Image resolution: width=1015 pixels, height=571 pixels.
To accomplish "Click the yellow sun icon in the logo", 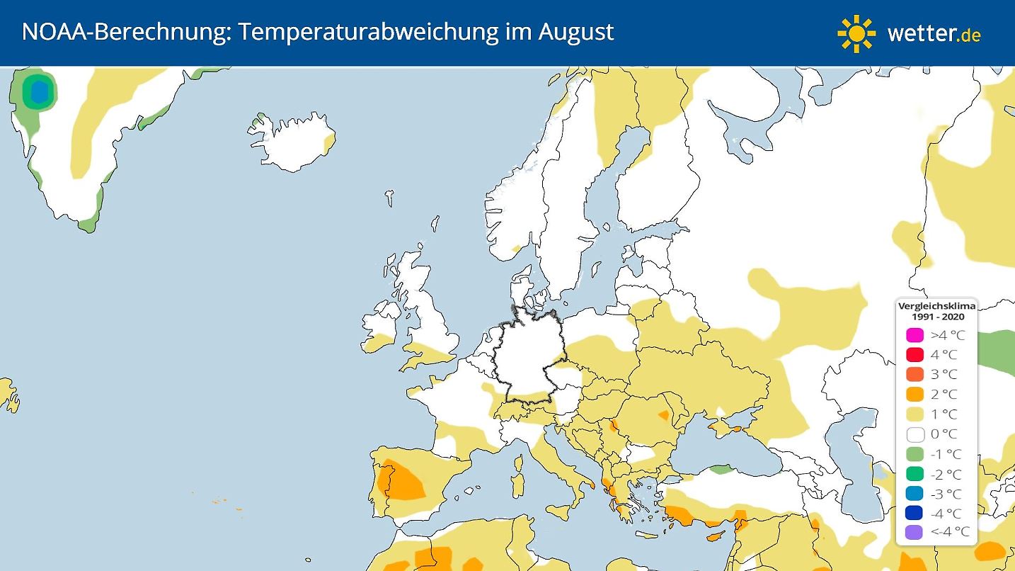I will point(856,33).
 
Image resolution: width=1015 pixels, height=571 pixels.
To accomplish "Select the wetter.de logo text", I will point(934,33).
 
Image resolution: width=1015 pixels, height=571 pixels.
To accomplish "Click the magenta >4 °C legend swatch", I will point(915,335).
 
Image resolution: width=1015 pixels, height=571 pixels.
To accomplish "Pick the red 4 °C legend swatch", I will point(915,355).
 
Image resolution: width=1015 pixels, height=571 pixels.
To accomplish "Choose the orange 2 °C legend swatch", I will point(915,395).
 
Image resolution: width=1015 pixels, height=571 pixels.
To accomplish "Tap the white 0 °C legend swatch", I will point(915,434).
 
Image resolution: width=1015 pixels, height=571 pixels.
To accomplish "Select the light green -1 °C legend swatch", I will point(915,454).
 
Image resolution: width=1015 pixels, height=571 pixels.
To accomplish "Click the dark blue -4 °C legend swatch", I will point(915,513).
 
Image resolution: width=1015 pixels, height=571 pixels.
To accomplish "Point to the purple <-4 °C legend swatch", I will point(915,533).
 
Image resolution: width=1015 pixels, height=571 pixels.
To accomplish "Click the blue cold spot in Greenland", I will point(39,91).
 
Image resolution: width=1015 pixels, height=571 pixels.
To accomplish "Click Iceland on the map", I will point(290,142).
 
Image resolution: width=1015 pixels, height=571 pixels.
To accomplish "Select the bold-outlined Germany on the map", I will point(527,361).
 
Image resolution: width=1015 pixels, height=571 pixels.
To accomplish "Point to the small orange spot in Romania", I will point(664,414).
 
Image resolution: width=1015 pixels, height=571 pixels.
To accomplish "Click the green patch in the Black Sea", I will point(721,469).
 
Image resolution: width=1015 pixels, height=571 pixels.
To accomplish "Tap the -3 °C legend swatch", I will point(915,494).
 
